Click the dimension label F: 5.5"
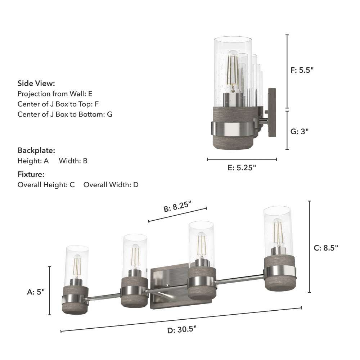coord(302,70)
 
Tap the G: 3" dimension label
coord(300,131)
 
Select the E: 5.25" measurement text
coord(242,168)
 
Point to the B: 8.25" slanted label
coord(177,206)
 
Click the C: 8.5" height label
coord(326,248)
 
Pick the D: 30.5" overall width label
coord(182,330)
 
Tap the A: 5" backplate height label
coord(36,292)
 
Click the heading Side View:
coord(36,84)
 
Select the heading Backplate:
coord(36,150)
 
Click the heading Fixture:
coord(31,174)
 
